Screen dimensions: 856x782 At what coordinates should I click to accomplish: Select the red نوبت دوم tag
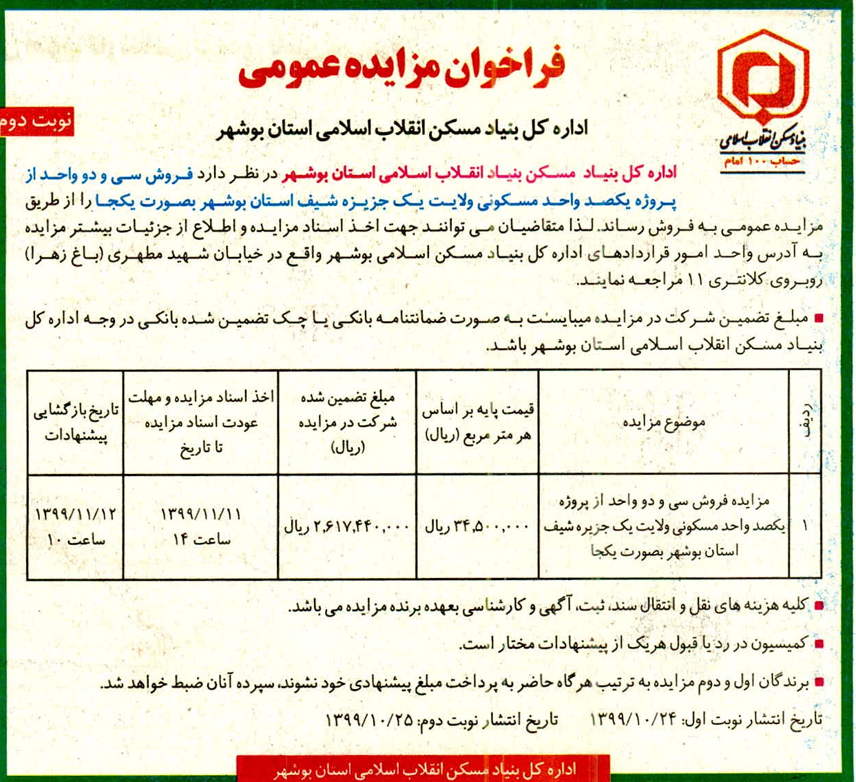pos(36,122)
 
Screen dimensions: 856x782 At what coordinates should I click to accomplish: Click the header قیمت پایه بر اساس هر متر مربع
pos(478,422)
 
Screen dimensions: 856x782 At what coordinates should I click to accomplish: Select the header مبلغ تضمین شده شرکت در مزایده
pos(347,422)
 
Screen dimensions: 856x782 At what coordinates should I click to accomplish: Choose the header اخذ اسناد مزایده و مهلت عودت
pos(201,422)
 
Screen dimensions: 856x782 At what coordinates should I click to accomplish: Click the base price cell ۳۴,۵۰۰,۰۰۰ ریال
pos(478,527)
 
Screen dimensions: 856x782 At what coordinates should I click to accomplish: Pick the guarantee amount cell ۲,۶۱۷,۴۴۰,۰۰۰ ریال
pos(347,527)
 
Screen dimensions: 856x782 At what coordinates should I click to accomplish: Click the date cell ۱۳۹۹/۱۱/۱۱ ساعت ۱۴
pos(201,527)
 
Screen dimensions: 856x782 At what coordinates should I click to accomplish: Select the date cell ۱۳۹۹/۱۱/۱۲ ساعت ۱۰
pos(76,527)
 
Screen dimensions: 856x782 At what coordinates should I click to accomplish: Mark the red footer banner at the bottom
pos(423,769)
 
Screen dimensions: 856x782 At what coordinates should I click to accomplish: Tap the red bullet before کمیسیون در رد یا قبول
pos(819,644)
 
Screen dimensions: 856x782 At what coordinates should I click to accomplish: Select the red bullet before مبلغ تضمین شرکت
pos(819,318)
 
